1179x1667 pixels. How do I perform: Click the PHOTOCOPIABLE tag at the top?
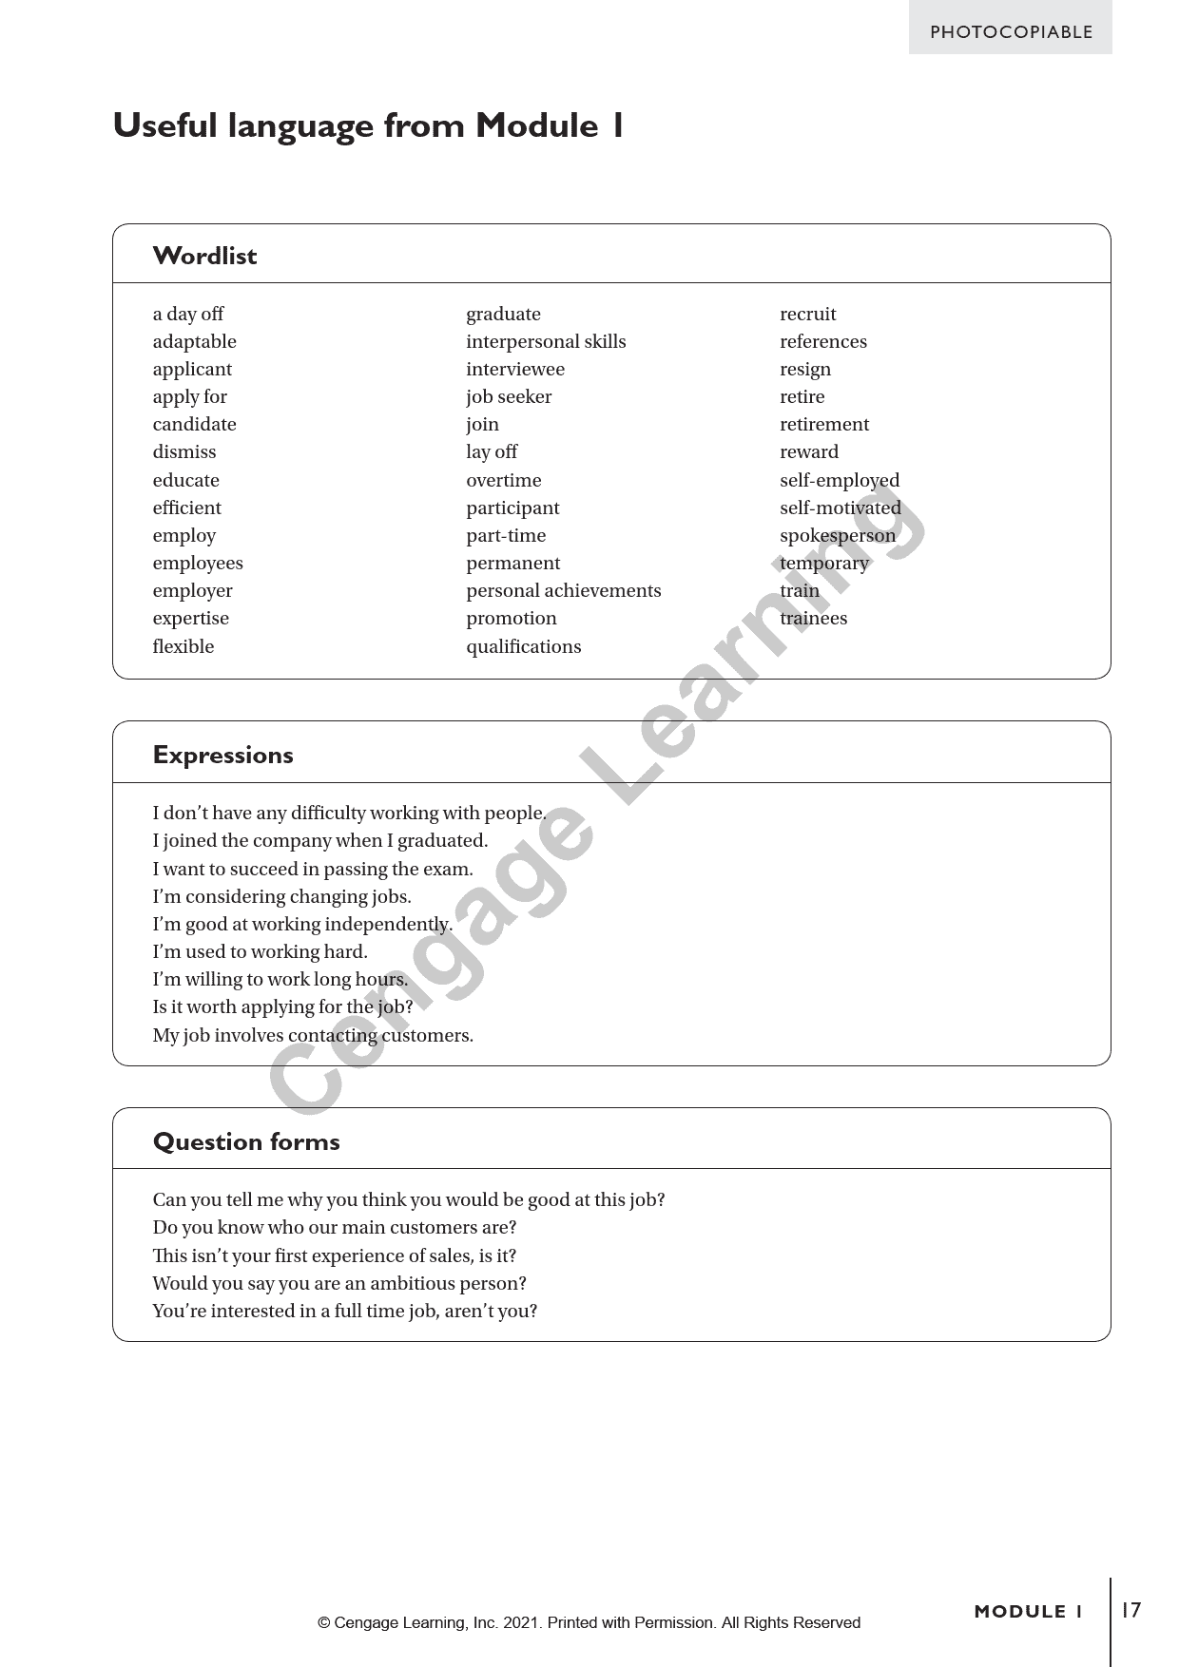point(1011,31)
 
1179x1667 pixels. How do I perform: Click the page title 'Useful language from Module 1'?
point(368,125)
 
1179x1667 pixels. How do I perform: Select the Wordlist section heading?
point(204,256)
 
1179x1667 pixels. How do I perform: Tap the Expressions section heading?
point(222,755)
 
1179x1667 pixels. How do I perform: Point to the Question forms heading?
point(246,1141)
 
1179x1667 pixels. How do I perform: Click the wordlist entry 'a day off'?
point(188,314)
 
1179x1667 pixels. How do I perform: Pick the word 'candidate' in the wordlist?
point(194,424)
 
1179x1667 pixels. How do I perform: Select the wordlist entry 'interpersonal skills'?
point(546,341)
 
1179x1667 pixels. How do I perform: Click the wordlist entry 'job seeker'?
point(509,396)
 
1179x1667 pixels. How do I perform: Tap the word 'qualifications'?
point(523,646)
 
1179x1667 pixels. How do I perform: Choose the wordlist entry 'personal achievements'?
point(563,590)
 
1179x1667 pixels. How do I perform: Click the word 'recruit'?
point(808,314)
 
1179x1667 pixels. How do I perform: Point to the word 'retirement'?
point(824,424)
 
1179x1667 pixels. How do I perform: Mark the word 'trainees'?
point(813,618)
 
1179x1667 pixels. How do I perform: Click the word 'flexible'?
point(184,646)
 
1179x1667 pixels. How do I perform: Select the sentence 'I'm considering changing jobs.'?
point(281,896)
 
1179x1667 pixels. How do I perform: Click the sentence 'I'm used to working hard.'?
point(260,951)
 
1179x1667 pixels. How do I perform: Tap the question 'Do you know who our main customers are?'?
point(335,1227)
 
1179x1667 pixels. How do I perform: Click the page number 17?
point(1131,1610)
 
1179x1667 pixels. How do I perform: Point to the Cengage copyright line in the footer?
point(589,1622)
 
